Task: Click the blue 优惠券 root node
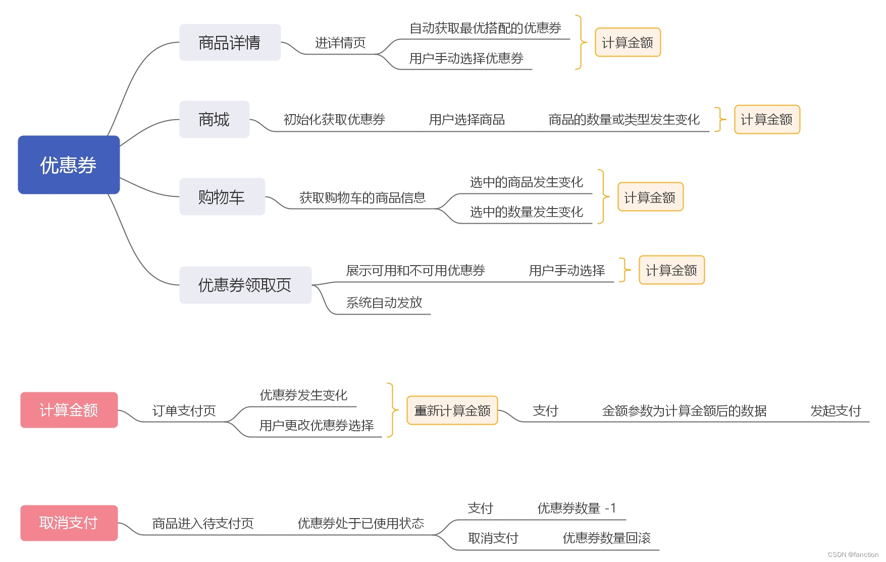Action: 69,165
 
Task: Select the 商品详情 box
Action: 230,42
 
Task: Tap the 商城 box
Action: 214,119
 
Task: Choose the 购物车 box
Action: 222,196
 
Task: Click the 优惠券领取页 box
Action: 245,285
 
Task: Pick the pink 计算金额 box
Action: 69,410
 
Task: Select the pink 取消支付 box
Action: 69,523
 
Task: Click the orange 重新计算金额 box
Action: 452,411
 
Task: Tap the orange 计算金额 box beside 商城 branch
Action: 767,120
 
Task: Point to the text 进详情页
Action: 340,43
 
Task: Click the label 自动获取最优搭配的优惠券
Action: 486,28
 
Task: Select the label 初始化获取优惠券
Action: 334,120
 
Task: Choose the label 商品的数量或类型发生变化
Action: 624,120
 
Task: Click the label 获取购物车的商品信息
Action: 362,198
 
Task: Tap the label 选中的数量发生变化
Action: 527,212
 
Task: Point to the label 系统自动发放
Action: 384,302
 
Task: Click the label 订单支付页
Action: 184,411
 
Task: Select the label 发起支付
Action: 836,411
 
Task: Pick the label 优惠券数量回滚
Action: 607,538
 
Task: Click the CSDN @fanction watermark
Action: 853,554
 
